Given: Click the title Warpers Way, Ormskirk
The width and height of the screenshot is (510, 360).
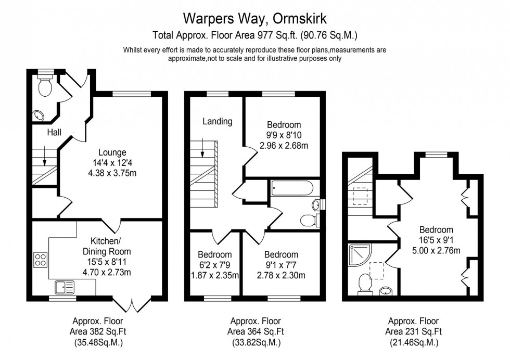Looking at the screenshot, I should click(x=254, y=19).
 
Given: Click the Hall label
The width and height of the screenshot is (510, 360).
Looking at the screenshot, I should click(x=54, y=133).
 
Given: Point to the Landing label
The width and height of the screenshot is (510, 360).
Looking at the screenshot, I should click(x=218, y=122).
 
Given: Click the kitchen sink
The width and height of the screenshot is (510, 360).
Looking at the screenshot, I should click(x=65, y=286).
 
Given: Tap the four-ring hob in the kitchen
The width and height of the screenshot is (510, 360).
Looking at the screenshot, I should click(x=41, y=259).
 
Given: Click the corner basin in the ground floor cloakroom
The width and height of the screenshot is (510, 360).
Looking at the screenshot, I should click(x=38, y=115).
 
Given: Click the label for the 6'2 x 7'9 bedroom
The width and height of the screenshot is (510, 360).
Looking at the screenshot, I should click(x=214, y=255).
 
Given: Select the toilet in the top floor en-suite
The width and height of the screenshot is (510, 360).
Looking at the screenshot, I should click(x=365, y=284).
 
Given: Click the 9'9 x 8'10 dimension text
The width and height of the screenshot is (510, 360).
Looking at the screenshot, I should click(x=284, y=135).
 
